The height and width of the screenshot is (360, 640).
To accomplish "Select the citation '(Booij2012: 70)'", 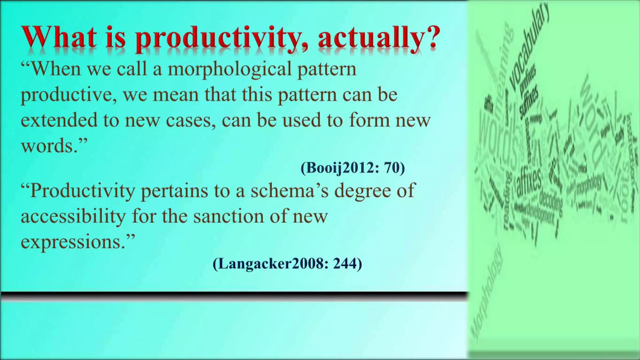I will click(352, 168).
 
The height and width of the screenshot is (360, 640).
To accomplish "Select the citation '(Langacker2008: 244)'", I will click(287, 264).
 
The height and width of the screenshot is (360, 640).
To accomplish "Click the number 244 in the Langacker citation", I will click(345, 264).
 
